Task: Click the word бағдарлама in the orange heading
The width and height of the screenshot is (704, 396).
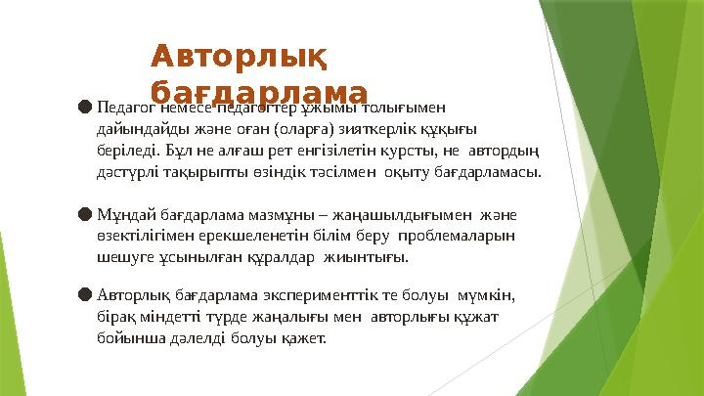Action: (x=259, y=92)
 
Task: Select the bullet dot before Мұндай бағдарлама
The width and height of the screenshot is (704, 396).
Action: (x=85, y=212)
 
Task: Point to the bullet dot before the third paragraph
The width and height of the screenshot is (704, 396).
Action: (x=85, y=292)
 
